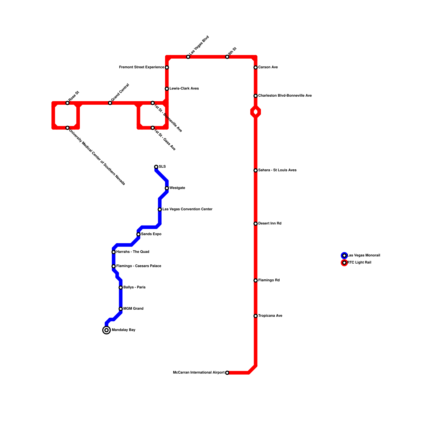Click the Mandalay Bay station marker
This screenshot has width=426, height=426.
(106, 330)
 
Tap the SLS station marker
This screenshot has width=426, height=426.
(156, 167)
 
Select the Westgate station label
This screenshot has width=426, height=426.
(177, 188)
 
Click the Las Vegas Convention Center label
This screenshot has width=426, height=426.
(187, 209)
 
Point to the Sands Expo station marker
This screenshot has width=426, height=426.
(138, 234)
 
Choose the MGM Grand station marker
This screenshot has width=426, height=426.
(121, 309)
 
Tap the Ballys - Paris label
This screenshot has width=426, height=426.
(134, 288)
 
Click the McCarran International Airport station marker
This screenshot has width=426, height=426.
(227, 373)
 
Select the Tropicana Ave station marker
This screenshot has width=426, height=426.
(256, 316)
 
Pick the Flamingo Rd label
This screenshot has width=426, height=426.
(269, 280)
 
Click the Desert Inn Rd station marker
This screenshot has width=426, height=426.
(256, 224)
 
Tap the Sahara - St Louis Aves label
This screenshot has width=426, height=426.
(277, 170)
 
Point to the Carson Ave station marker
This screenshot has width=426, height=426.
(256, 67)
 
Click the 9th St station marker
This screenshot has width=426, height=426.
(227, 57)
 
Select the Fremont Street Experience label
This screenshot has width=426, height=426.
(142, 67)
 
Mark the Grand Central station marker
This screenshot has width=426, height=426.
(110, 103)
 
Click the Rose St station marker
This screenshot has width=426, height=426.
(67, 103)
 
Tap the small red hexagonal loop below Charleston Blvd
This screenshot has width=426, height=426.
(256, 112)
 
